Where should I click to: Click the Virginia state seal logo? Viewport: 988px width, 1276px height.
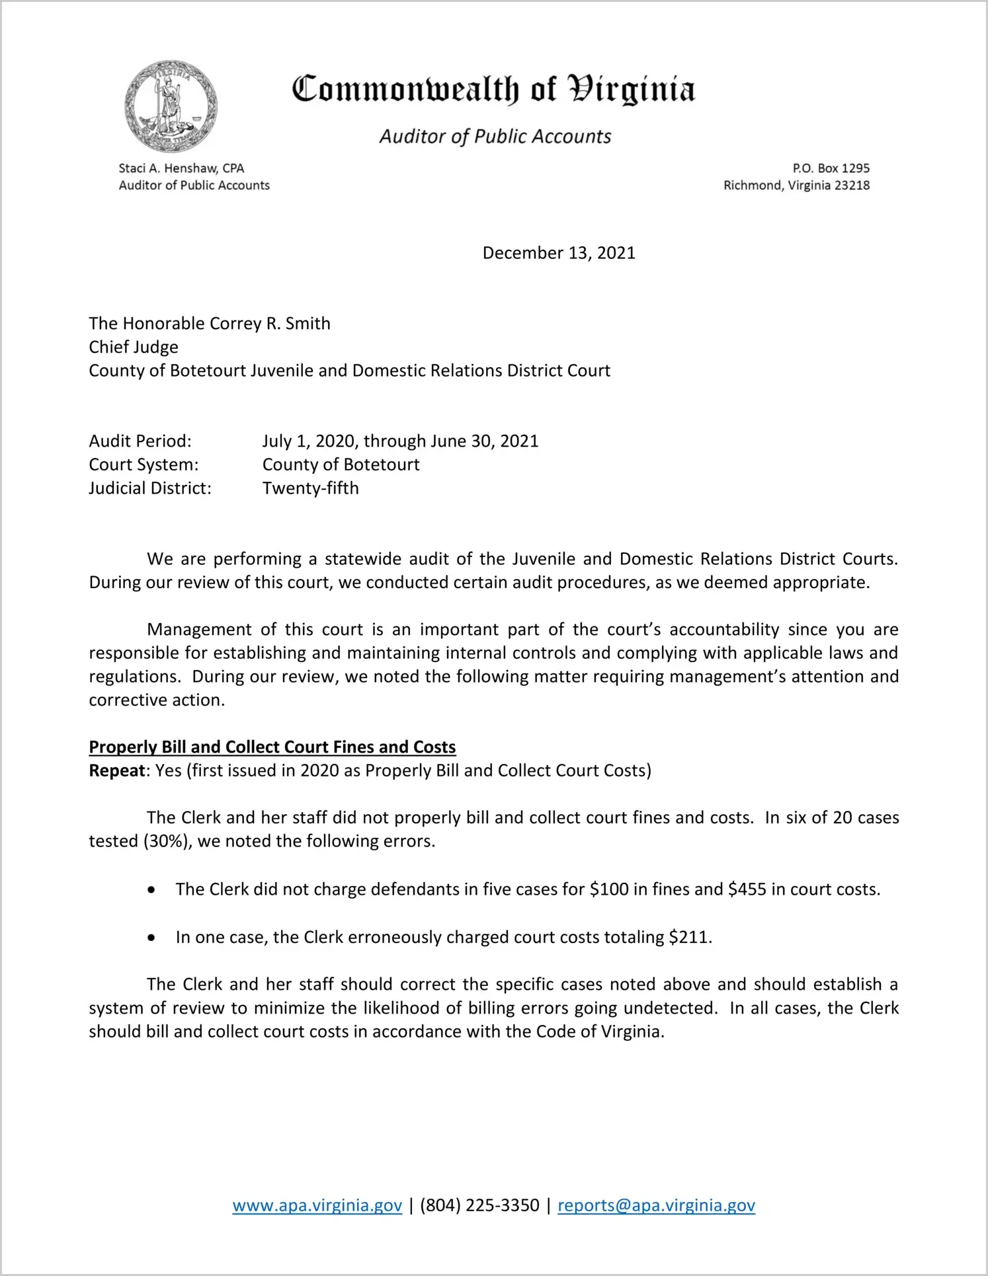[171, 106]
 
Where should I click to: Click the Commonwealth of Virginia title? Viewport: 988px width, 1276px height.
[493, 89]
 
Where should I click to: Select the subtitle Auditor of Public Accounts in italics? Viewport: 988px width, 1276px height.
[495, 136]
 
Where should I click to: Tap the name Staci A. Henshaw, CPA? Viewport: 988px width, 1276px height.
[181, 169]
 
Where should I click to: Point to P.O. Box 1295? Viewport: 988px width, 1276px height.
[831, 169]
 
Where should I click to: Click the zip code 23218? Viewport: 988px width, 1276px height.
[852, 186]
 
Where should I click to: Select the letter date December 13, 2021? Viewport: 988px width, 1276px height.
[559, 253]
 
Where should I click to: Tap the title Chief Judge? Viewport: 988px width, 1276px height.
[134, 348]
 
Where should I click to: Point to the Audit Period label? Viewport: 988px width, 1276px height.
[140, 441]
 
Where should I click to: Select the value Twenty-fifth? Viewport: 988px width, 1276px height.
[311, 488]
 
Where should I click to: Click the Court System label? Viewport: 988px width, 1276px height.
[144, 465]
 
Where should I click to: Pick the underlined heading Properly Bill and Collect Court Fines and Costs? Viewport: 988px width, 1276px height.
[272, 747]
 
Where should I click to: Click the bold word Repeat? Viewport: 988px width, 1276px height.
[117, 771]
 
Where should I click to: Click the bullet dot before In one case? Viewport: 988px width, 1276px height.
[152, 938]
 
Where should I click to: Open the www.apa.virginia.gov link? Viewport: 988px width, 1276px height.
[317, 1205]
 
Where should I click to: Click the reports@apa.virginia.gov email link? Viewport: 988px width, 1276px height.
[656, 1205]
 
